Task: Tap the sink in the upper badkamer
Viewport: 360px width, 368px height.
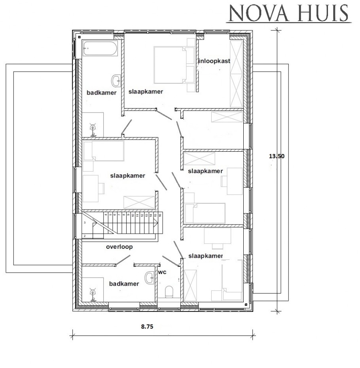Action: (117, 81)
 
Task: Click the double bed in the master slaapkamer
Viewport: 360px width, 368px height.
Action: (170, 65)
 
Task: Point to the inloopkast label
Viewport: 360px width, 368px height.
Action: (214, 61)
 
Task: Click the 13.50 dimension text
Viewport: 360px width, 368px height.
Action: (277, 156)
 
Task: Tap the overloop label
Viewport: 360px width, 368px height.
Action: (119, 246)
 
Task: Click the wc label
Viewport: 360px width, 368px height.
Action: (161, 273)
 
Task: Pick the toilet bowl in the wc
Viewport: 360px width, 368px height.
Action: (169, 292)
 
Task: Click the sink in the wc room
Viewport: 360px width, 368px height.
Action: (150, 277)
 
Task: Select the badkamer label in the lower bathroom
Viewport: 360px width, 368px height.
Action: (124, 284)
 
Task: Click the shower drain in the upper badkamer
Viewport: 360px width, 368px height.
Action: (93, 128)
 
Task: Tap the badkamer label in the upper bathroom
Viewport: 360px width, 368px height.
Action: (101, 93)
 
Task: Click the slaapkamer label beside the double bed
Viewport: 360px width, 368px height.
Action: (146, 91)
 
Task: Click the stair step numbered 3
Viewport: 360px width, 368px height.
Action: (85, 223)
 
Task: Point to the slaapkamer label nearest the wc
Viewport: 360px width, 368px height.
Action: (205, 256)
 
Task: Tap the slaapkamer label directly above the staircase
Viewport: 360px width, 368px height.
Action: (128, 175)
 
